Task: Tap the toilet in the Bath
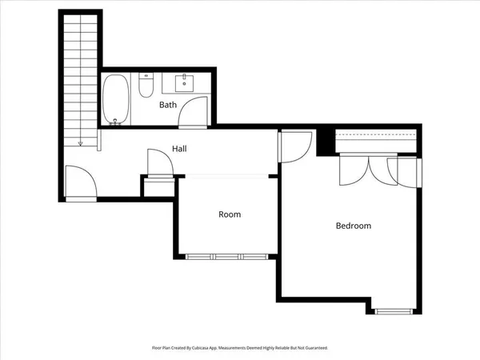click(146, 86)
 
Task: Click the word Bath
click(168, 105)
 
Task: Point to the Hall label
click(180, 149)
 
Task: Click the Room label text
click(230, 214)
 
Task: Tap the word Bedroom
click(353, 226)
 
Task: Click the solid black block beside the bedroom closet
click(326, 142)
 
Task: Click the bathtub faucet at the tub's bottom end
click(116, 122)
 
